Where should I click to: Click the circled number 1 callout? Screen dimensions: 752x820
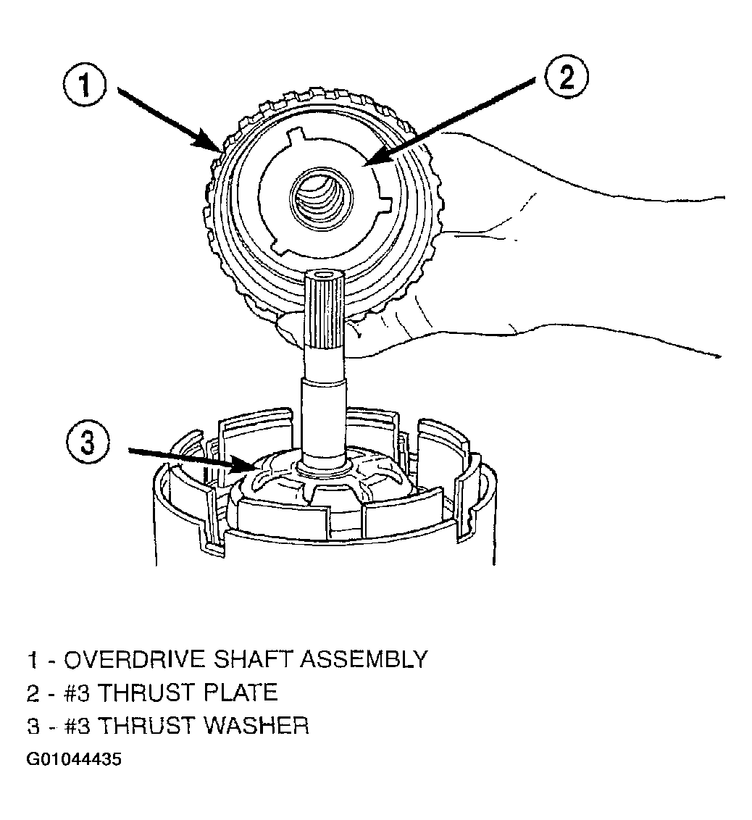coord(85,86)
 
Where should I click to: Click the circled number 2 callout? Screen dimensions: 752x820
coord(567,77)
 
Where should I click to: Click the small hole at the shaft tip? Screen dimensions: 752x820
coord(325,272)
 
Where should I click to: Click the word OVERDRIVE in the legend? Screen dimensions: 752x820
coord(135,659)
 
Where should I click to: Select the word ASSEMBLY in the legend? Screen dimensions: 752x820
coord(364,659)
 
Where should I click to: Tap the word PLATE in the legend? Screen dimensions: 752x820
coord(241,693)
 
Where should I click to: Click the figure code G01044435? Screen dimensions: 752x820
coord(74,759)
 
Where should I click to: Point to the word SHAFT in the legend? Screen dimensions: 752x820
coord(254,659)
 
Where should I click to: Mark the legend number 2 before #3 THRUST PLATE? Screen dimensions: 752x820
coord(33,693)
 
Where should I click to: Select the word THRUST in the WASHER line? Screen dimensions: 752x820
coord(147,726)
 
